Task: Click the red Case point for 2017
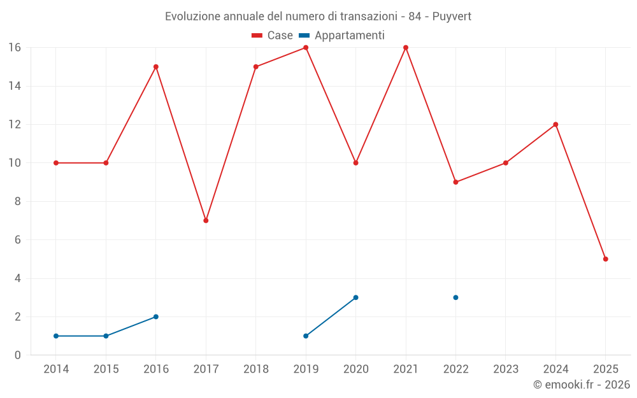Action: click(206, 220)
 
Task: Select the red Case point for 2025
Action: click(605, 259)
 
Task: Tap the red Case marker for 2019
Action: click(306, 48)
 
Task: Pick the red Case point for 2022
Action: click(455, 182)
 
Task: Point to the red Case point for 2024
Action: click(555, 124)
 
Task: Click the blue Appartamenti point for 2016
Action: click(156, 316)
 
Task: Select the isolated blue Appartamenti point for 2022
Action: click(455, 297)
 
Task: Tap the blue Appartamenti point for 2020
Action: click(355, 297)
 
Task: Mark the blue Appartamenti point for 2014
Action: click(56, 336)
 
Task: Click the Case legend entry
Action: click(272, 36)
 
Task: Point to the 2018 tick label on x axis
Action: click(256, 369)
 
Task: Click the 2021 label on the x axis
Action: click(406, 369)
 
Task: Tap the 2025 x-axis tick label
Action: click(605, 369)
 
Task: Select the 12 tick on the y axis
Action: click(15, 124)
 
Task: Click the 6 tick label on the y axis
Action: click(18, 240)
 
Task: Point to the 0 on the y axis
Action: click(18, 355)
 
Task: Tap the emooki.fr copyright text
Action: click(582, 385)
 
